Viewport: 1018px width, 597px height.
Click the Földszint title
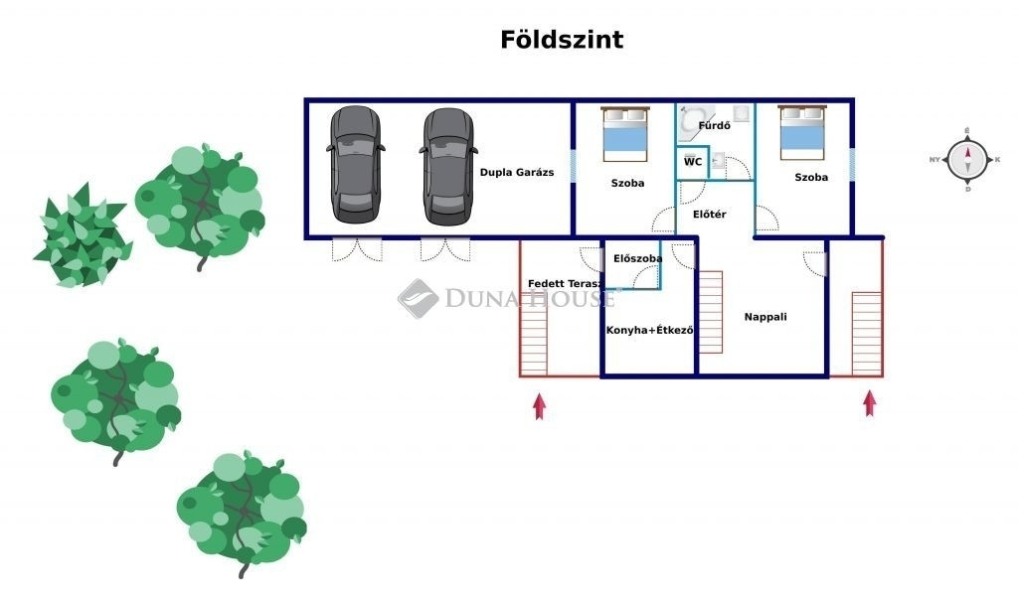click(x=562, y=40)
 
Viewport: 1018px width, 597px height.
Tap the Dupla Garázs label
click(x=516, y=172)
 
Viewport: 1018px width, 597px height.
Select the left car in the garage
click(x=354, y=165)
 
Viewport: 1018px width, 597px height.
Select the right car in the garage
click(x=446, y=165)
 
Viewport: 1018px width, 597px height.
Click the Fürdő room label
click(x=715, y=126)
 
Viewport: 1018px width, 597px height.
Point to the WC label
click(x=693, y=161)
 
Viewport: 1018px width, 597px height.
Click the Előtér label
click(x=709, y=215)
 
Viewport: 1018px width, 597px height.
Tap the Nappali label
click(x=765, y=317)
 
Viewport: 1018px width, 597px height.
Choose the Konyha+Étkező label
click(x=649, y=330)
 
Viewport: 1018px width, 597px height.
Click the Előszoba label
click(x=637, y=258)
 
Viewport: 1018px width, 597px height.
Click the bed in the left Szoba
click(x=625, y=135)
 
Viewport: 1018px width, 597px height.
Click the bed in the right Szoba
click(x=803, y=135)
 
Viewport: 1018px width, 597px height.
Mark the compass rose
click(x=966, y=159)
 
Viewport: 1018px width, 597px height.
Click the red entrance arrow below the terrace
click(x=539, y=406)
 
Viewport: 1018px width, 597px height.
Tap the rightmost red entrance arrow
click(x=870, y=402)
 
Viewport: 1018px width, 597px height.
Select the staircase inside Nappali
click(x=711, y=312)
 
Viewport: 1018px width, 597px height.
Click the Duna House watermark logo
click(x=419, y=297)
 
